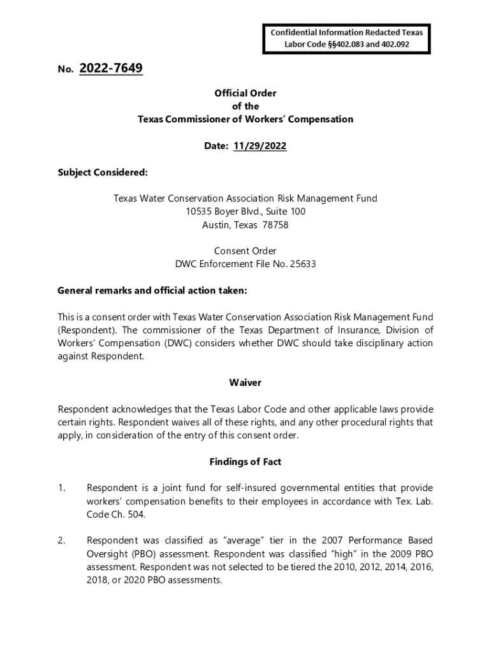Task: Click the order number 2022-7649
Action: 111,68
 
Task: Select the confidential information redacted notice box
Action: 347,38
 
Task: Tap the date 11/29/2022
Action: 260,146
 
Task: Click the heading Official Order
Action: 246,93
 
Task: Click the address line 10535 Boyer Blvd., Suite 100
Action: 246,212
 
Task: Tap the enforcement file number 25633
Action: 304,264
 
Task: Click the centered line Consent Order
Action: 246,251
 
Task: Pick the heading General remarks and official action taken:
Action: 152,291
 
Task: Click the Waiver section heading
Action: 246,383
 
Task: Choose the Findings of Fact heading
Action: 246,462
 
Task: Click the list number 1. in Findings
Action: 62,488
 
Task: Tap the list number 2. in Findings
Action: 62,541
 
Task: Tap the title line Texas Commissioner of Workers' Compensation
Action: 246,119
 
